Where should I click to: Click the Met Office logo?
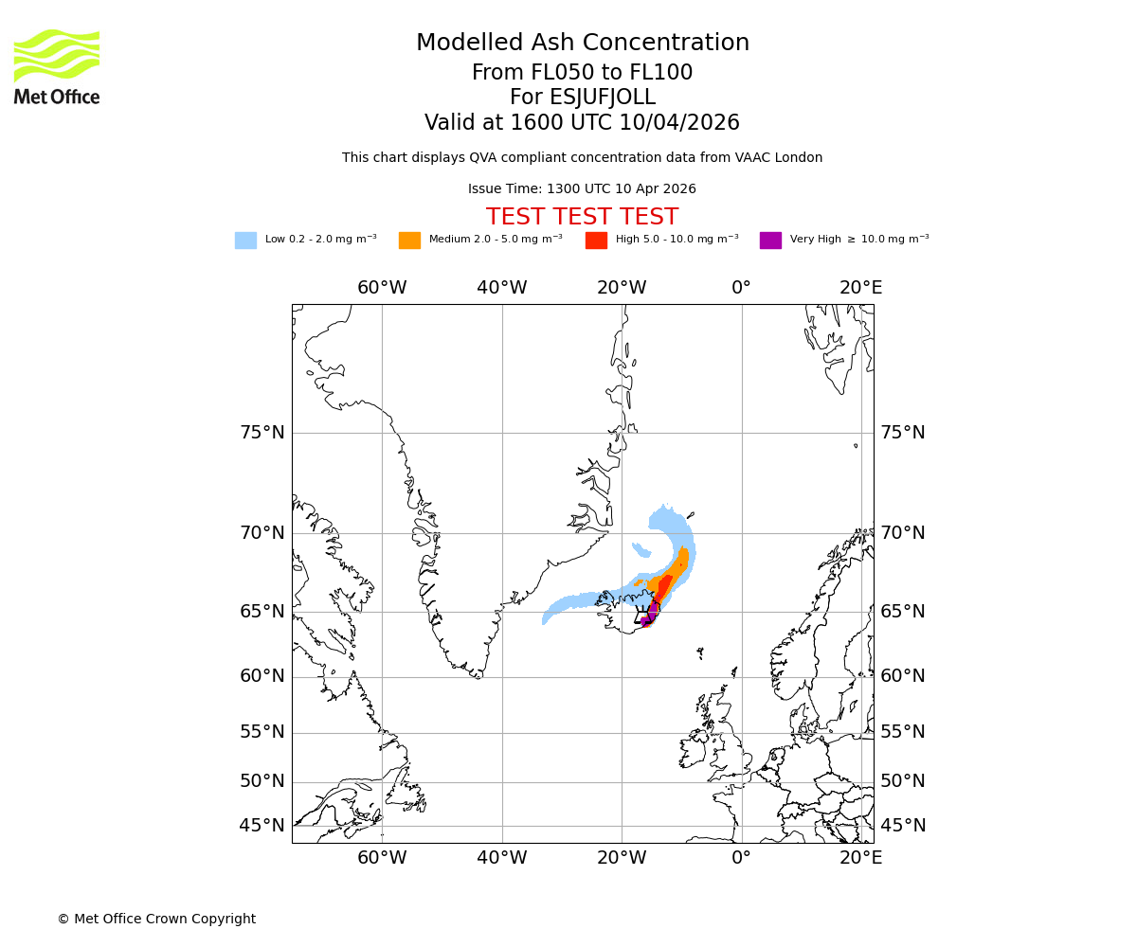57,66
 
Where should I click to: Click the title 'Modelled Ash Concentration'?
582,44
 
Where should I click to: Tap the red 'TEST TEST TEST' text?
582,217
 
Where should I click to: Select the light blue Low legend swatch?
245,241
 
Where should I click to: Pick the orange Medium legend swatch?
409,241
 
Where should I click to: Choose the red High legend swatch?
596,241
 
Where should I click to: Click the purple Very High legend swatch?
770,241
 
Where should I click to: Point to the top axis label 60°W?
382,288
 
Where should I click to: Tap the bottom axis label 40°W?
501,858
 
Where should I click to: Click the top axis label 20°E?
860,288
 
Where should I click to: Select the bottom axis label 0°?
741,858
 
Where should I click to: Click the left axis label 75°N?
262,433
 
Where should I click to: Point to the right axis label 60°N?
903,676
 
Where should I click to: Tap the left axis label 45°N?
262,826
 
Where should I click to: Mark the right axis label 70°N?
903,532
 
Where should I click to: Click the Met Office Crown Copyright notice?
156,919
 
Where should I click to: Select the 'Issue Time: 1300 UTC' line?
582,189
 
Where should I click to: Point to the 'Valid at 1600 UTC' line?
582,123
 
